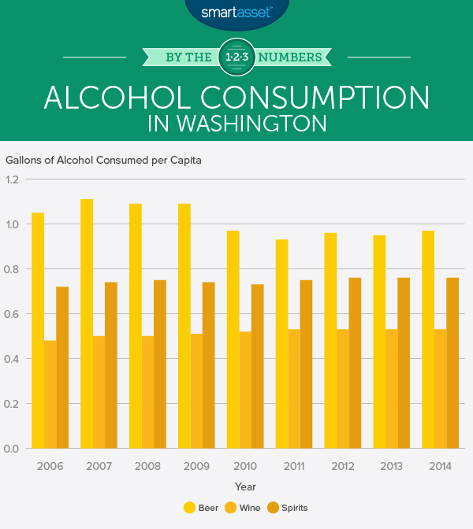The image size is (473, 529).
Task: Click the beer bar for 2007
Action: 87,324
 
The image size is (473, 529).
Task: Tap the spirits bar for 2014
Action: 453,363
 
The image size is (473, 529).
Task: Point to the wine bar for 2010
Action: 245,390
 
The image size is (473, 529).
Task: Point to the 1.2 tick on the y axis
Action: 12,179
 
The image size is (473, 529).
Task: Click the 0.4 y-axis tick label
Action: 12,359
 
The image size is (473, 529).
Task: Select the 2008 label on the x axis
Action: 148,467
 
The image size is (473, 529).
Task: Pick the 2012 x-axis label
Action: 343,467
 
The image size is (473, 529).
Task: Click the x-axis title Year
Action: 244,487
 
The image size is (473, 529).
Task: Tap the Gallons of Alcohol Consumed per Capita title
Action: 103,160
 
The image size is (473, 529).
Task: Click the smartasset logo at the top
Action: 236,12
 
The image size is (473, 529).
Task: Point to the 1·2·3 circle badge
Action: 236,56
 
